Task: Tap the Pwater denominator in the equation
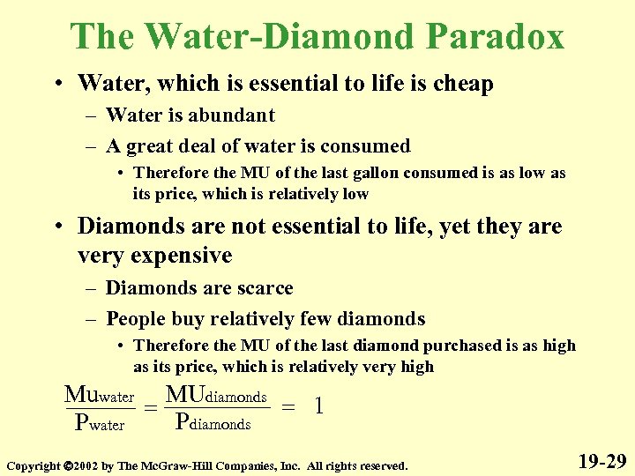101,424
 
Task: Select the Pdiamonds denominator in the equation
214,421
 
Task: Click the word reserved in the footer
379,465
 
